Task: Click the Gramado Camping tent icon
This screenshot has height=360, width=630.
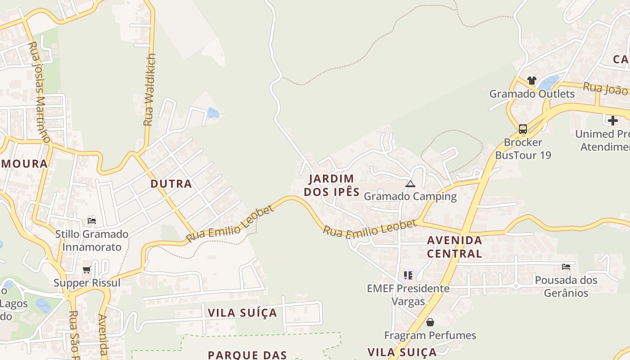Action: (410, 184)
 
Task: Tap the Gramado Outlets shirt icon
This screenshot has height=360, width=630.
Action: (532, 81)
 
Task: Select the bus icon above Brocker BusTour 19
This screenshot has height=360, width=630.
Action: (522, 129)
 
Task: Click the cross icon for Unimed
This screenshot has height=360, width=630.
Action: (612, 121)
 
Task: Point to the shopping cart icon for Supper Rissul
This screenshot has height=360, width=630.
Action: (87, 270)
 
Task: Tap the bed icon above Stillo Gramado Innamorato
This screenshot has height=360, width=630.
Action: (92, 220)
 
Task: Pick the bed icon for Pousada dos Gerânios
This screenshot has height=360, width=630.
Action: (566, 267)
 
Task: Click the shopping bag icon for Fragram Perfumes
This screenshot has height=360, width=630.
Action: (430, 322)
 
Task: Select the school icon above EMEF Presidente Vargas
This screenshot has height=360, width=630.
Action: (408, 275)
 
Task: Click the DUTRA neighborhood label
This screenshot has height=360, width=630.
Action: (171, 184)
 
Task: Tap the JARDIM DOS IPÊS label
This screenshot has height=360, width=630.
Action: (332, 185)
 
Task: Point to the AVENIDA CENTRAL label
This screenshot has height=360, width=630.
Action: (454, 247)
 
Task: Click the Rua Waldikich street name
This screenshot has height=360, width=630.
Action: (149, 90)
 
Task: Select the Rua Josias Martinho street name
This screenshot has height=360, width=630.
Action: (39, 92)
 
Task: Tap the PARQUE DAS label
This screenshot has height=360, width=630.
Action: (247, 355)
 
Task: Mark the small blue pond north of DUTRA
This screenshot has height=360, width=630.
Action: (213, 112)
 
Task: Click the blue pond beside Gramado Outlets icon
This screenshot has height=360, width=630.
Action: (549, 82)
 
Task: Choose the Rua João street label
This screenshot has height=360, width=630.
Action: (605, 88)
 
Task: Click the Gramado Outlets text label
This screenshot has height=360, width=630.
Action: (532, 94)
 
